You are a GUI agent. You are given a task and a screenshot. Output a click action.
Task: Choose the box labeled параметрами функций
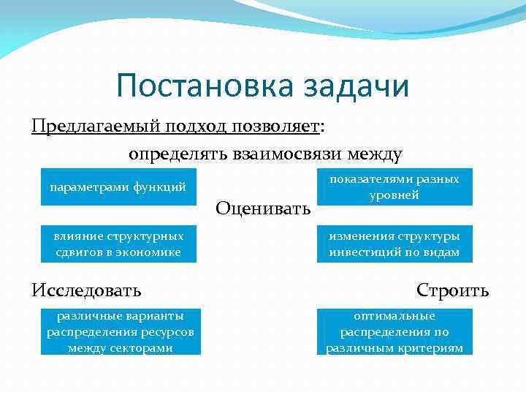(x=118, y=187)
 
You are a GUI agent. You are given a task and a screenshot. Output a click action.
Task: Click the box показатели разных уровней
(x=394, y=187)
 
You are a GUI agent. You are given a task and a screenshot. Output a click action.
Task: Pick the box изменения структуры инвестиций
(x=394, y=244)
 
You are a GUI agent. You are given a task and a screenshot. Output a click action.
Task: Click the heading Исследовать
(x=87, y=290)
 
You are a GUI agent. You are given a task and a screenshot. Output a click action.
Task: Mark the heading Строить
(x=452, y=290)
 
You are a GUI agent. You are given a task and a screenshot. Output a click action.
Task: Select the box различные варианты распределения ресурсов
(x=121, y=332)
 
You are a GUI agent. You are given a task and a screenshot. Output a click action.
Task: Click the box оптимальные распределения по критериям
(x=394, y=332)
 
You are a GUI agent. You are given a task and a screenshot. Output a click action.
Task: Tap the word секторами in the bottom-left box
(x=144, y=348)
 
